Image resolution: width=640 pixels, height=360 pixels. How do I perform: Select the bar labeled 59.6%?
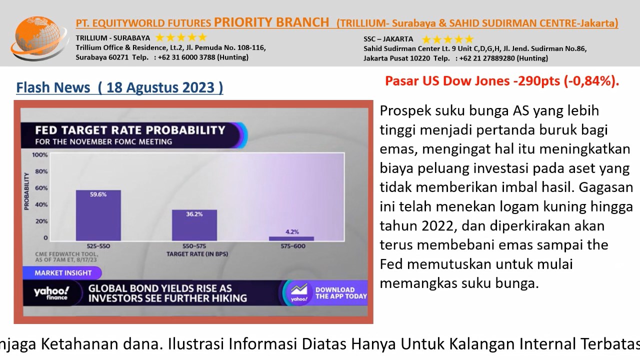pyautogui.click(x=98, y=215)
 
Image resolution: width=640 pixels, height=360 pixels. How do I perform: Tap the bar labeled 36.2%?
pyautogui.click(x=194, y=225)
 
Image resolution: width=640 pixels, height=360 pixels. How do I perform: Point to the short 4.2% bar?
pyautogui.click(x=291, y=238)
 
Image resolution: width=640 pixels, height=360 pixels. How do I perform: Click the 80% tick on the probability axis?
pyautogui.click(x=41, y=171)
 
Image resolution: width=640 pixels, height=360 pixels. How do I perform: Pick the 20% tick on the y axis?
pyautogui.click(x=41, y=221)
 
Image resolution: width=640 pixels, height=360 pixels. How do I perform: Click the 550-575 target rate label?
pyautogui.click(x=194, y=246)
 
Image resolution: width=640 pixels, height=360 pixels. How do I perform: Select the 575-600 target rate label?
pyautogui.click(x=293, y=246)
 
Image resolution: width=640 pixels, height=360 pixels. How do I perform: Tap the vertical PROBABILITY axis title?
pyautogui.click(x=26, y=191)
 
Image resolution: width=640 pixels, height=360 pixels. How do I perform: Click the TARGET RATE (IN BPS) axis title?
pyautogui.click(x=197, y=254)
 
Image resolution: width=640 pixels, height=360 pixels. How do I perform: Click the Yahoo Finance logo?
pyautogui.click(x=51, y=293)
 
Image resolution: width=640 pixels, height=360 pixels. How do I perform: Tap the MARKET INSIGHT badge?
pyautogui.click(x=62, y=273)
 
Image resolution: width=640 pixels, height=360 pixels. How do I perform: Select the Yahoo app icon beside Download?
pyautogui.click(x=298, y=293)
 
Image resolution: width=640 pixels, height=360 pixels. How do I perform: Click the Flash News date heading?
pyautogui.click(x=119, y=87)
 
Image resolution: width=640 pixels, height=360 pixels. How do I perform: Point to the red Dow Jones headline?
pyautogui.click(x=502, y=81)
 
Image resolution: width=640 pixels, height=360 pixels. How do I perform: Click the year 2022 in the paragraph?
pyautogui.click(x=437, y=226)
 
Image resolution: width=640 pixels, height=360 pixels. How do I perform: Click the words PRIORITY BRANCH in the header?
pyautogui.click(x=271, y=22)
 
